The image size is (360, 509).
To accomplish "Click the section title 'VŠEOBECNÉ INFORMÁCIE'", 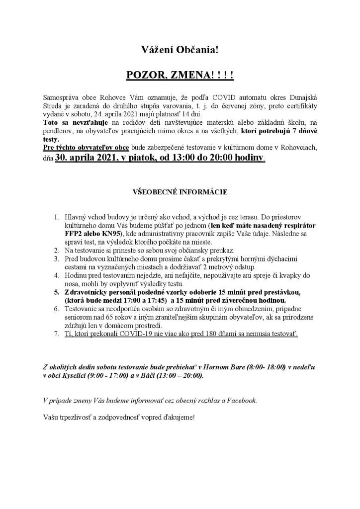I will tap(180, 191).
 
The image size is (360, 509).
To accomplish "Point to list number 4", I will tap(56, 275).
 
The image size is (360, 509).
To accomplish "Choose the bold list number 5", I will tap(56, 292).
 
